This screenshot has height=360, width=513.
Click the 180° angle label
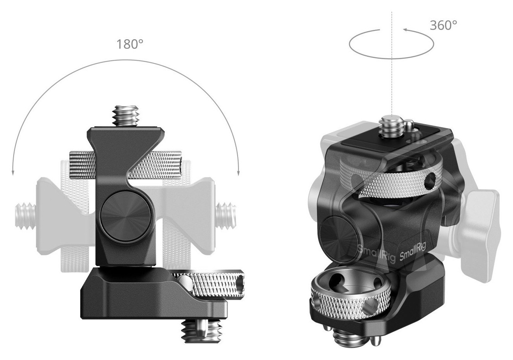pyautogui.click(x=130, y=44)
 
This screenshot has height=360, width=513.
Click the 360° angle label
pyautogui.click(x=443, y=25)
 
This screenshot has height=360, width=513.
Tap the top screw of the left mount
pyautogui.click(x=126, y=116)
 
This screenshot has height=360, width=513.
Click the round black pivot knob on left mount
pyautogui.click(x=126, y=216)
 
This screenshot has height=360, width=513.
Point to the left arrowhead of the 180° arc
pyautogui.click(x=13, y=174)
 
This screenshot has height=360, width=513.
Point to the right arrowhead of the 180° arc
pyautogui.click(x=238, y=173)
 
